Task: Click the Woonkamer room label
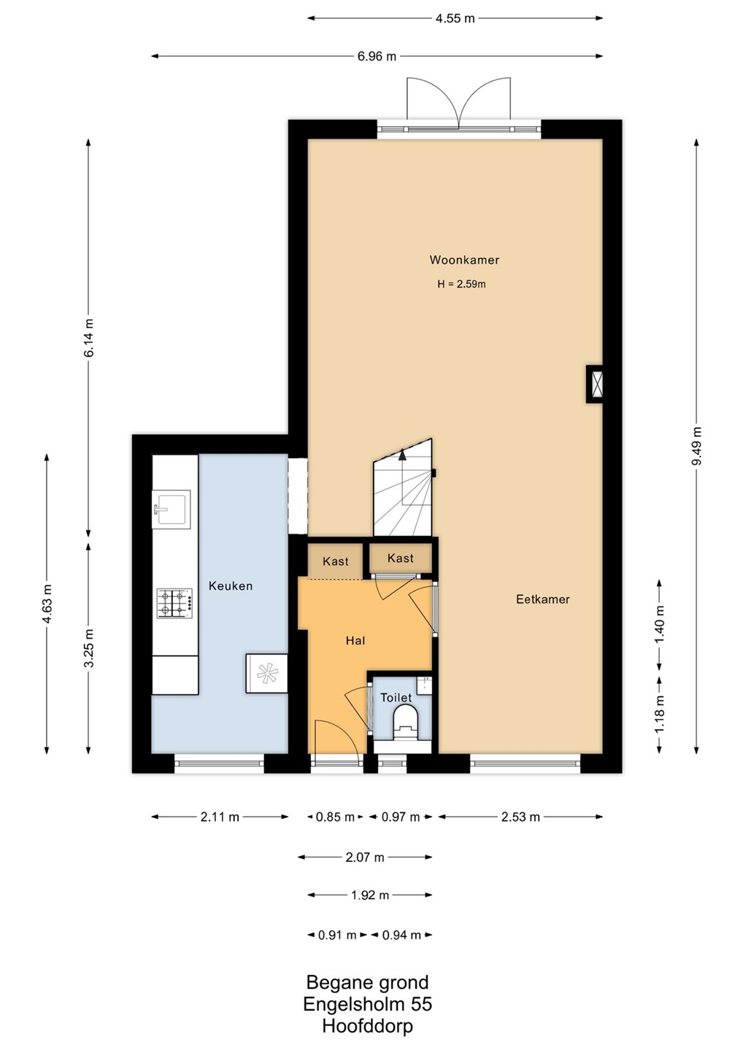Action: tap(464, 260)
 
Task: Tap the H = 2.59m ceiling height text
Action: tap(461, 284)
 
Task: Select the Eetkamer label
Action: tap(543, 599)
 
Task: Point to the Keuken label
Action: tap(231, 586)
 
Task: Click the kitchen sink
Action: tap(172, 509)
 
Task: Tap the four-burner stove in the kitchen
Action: tap(174, 603)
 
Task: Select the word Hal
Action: tap(355, 640)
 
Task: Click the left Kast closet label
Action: tap(336, 561)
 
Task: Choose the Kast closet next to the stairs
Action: tap(401, 558)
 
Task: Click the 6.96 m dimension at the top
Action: tap(377, 56)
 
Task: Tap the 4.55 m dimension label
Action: tap(455, 18)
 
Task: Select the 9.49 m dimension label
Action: tap(696, 446)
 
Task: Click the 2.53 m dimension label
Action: tap(520, 817)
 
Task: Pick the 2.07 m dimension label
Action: tap(364, 857)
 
